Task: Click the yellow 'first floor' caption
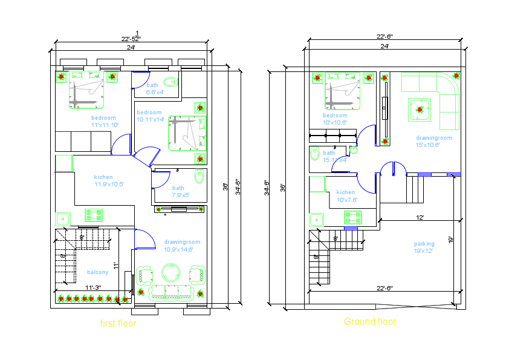[x=118, y=324]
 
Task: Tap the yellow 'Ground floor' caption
[x=370, y=322]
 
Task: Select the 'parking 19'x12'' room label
[x=424, y=247]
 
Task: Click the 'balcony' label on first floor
[x=97, y=272]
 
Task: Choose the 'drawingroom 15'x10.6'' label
[x=433, y=142]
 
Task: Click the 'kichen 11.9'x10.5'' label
[x=108, y=180]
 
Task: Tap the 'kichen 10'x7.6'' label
[x=346, y=196]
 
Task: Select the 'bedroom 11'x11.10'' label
[x=104, y=121]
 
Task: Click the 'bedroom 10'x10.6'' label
[x=335, y=119]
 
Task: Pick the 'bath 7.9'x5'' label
[x=180, y=192]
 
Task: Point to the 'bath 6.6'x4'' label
[x=155, y=89]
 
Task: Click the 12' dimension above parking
[x=420, y=217]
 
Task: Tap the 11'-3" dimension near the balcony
[x=92, y=287]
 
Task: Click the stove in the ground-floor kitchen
[x=353, y=216]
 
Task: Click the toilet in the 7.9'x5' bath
[x=199, y=177]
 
